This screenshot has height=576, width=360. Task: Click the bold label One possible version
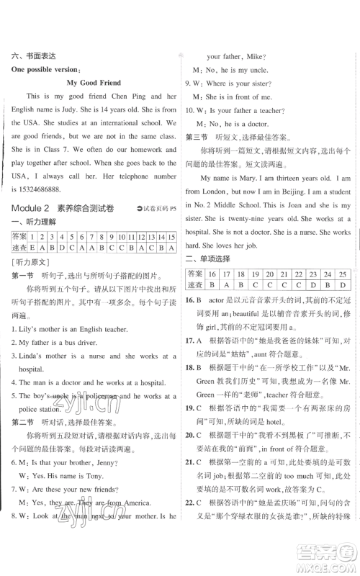coord(45,68)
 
